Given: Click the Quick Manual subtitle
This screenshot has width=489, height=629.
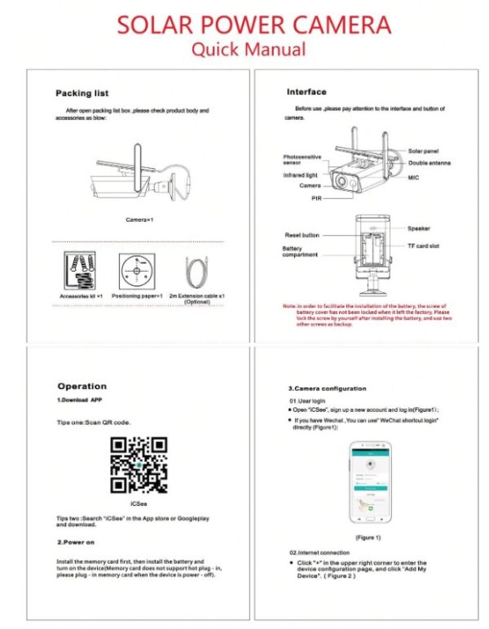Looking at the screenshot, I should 248,49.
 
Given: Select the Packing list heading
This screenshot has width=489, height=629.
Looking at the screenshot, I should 81,93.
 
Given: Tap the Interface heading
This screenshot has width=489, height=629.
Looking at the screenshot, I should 306,91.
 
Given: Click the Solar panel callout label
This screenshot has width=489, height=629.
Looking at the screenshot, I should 424,152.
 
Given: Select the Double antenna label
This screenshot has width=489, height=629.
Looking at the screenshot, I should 430,163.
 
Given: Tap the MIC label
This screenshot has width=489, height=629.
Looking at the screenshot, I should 414,175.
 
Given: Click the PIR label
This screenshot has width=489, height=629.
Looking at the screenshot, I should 317,198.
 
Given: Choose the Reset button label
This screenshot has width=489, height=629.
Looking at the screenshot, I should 302,235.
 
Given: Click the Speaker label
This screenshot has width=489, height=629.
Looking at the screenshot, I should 419,229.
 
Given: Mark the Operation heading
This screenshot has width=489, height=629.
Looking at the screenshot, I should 81,386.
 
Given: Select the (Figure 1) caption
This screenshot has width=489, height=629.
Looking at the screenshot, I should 368,538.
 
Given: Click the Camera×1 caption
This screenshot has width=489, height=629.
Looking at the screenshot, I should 139,220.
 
